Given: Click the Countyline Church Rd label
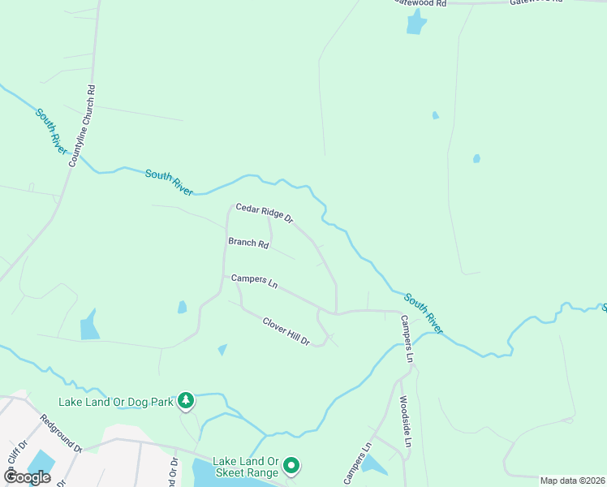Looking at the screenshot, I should (x=81, y=126).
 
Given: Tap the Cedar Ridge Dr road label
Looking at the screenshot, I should (x=264, y=213).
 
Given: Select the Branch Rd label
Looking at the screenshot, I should (x=248, y=242).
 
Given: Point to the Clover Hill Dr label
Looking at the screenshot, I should (x=286, y=331).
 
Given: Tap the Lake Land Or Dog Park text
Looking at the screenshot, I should (x=117, y=401).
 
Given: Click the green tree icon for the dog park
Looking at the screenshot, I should (x=187, y=400).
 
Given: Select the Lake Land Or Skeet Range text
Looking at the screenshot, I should (x=245, y=466).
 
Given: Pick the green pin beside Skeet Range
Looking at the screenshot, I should (x=291, y=467).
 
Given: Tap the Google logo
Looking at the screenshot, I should (x=27, y=477).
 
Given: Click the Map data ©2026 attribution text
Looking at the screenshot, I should (x=572, y=481).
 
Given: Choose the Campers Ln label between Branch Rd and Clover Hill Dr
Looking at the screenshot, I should (x=254, y=281).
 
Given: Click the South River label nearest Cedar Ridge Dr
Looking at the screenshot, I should (x=170, y=181).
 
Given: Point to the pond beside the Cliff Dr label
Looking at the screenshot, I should (x=41, y=463).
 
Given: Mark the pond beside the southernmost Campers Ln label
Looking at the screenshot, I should (x=373, y=464).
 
